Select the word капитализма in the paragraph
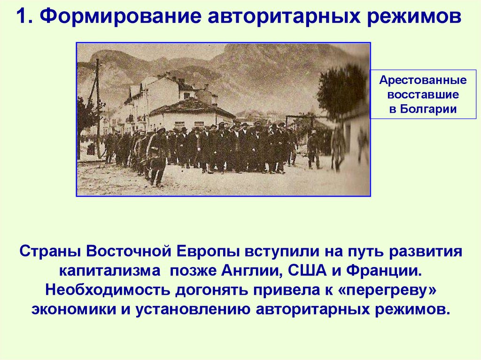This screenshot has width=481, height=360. [112, 270]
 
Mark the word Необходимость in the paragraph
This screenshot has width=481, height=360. [108, 290]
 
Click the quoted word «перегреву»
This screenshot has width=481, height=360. [390, 290]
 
